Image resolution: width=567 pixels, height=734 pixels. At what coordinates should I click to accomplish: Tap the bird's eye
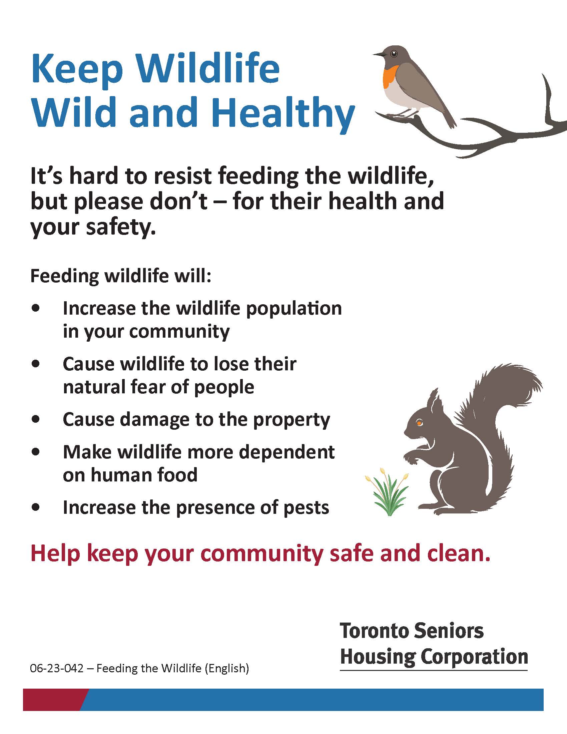click(394, 53)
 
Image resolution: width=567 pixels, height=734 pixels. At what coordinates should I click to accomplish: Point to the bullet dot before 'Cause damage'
click(36, 419)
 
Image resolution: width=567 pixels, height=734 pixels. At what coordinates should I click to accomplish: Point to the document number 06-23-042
click(56, 669)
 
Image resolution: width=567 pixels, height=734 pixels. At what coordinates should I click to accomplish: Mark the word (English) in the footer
click(227, 669)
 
